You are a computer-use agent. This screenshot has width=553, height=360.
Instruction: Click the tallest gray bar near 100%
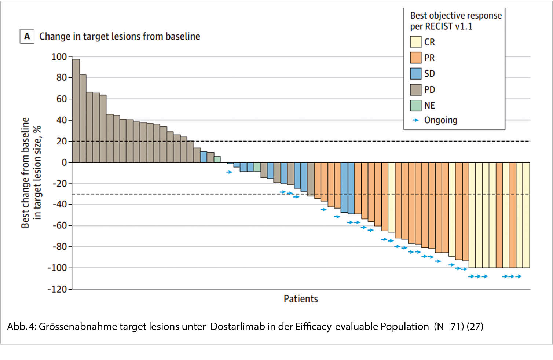tap(76, 110)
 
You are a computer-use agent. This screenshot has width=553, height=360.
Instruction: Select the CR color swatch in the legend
tap(415, 42)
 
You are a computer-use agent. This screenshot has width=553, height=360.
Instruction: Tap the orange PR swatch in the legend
tap(415, 58)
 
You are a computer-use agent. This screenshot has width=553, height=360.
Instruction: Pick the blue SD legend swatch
tap(415, 74)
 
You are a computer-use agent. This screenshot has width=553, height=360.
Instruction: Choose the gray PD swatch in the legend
tap(415, 89)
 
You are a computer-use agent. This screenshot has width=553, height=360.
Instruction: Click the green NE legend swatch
tap(415, 106)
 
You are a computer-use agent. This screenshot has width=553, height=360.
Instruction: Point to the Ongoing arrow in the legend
tap(415, 120)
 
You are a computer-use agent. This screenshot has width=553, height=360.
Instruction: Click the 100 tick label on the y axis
tap(59, 57)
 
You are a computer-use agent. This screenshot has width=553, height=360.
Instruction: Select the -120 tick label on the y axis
tap(58, 289)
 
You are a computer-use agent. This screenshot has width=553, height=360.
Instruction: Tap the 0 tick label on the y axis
tap(64, 162)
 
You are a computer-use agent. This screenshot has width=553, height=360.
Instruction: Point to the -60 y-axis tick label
tap(59, 225)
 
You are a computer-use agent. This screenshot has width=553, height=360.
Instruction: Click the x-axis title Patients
tap(301, 299)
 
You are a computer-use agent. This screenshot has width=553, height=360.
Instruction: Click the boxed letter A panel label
tap(27, 36)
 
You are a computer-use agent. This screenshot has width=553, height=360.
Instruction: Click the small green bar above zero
tap(217, 159)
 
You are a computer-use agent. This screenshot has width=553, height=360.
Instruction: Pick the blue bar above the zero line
tap(204, 157)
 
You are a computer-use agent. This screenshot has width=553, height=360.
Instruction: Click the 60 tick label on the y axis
tap(62, 99)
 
